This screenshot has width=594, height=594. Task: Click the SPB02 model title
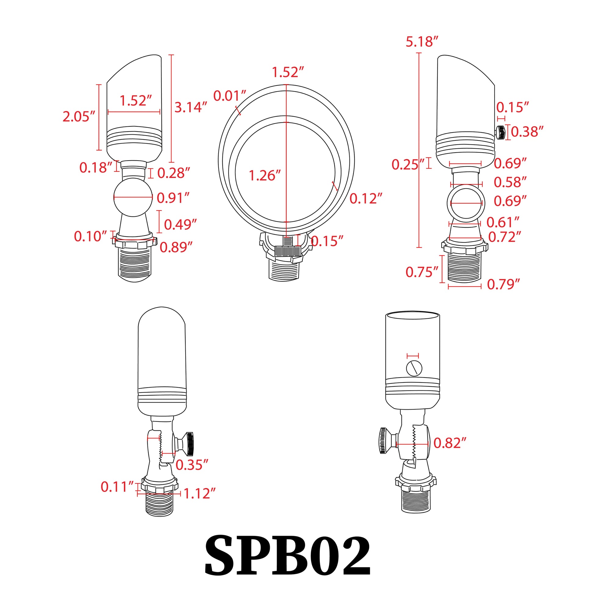pos(288,556)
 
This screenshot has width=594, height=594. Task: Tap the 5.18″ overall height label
pos(422,42)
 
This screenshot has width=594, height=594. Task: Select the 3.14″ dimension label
pos(190,107)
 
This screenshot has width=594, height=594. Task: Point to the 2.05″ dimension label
pos(79,117)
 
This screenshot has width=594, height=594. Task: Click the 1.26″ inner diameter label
pos(264,176)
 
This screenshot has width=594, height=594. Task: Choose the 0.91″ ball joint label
pos(173,198)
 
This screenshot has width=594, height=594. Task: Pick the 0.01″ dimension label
pos(229,96)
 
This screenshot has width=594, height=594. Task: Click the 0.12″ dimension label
pos(366,199)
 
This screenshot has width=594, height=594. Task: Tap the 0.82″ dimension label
pos(450,443)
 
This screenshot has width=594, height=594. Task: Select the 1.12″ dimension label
pos(199,494)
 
